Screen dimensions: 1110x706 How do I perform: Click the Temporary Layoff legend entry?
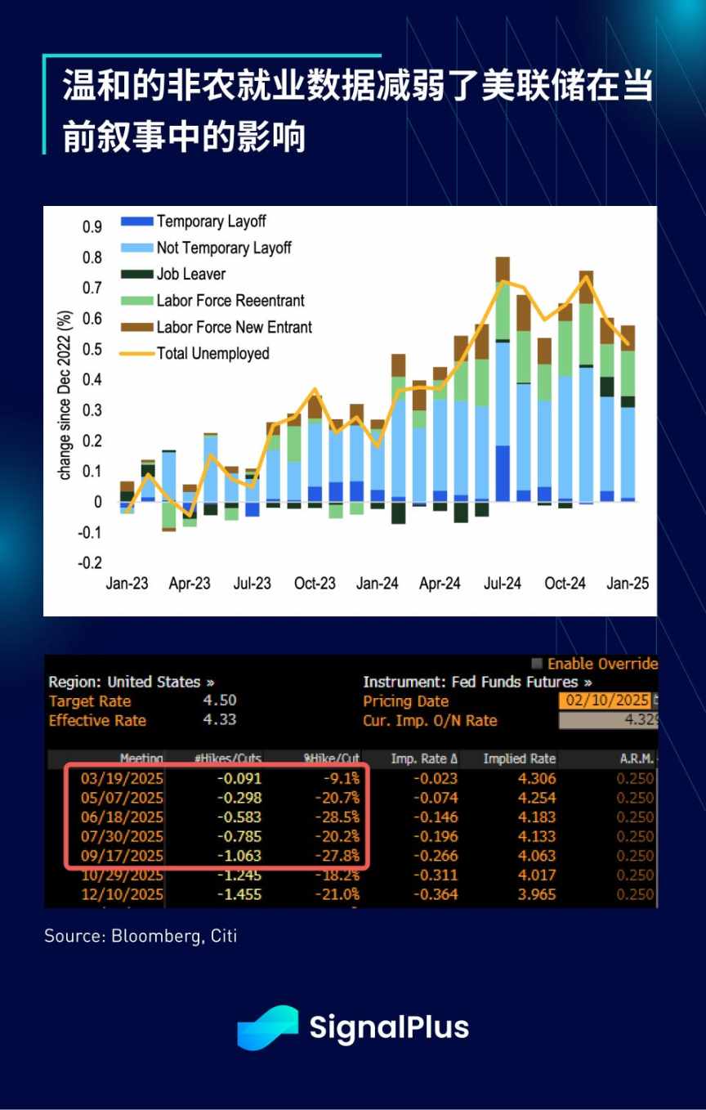211,222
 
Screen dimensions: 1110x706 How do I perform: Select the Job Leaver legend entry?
190,275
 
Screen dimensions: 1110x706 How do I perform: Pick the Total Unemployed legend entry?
212,354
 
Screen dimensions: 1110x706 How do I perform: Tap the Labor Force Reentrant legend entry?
230,301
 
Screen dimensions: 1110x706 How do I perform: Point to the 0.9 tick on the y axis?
93,227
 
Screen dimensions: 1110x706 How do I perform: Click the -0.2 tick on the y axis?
90,563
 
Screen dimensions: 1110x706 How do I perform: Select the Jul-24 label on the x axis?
503,584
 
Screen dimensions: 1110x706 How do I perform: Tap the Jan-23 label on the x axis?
127,584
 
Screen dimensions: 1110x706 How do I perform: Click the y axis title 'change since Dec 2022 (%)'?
65,395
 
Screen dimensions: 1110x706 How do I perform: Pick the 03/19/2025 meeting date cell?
121,778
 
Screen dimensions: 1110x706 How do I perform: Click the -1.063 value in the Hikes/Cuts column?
239,856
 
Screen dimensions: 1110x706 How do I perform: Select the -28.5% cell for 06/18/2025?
337,817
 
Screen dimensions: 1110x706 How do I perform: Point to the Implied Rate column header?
519,759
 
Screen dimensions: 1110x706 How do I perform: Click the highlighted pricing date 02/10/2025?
605,700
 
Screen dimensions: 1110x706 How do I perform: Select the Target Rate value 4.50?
220,700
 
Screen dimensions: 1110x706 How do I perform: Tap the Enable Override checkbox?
537,664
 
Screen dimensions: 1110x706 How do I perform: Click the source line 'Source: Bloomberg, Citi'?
141,936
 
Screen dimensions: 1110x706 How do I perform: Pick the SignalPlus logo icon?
267,1027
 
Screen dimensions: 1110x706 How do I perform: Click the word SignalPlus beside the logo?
389,1027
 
